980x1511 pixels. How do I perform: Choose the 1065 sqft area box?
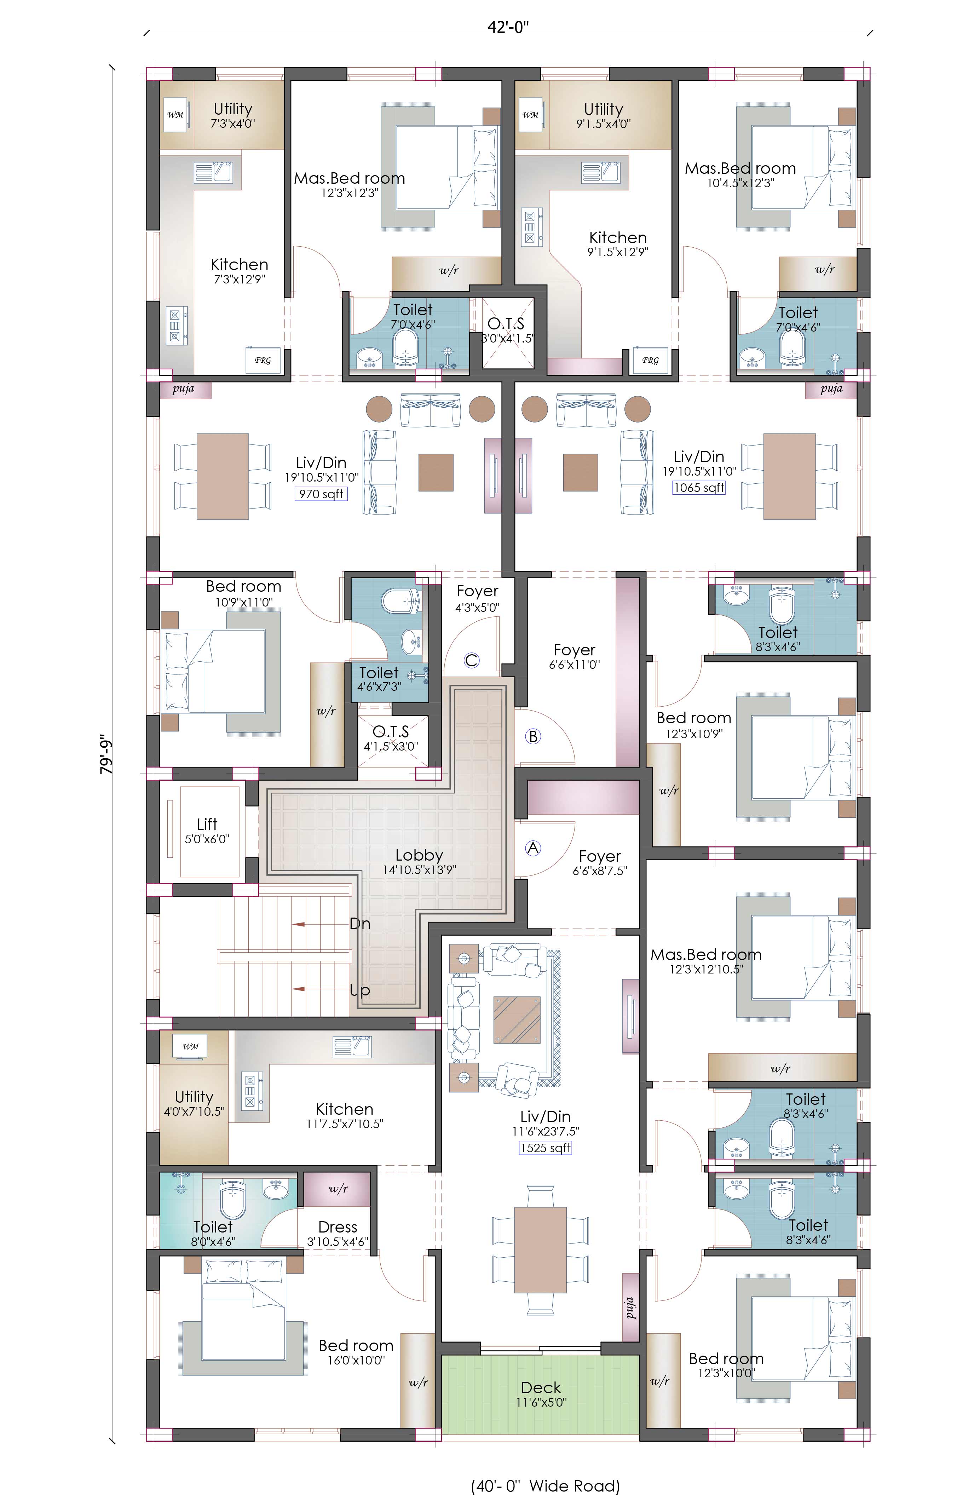(x=699, y=488)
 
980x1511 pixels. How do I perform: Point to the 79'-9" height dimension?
(x=106, y=755)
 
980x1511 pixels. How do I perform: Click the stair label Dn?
(x=360, y=923)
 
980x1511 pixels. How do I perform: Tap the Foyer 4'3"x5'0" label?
(x=477, y=598)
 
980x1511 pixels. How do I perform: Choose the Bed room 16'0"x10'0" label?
(x=356, y=1352)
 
